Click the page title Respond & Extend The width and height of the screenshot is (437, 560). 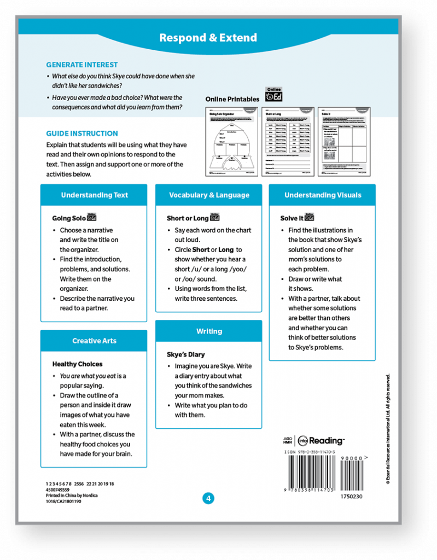208,38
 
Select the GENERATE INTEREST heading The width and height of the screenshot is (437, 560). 81,65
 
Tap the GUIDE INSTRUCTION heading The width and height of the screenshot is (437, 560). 81,133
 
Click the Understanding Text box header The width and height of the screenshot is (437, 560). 94,195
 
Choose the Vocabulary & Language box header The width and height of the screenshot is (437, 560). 209,195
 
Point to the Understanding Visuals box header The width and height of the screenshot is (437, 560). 322,195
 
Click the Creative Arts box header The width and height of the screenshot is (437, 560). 94,341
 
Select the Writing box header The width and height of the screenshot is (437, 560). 209,331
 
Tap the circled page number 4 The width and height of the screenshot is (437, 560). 208,498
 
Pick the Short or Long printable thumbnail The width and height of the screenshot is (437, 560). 288,141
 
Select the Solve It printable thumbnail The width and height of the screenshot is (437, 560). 344,141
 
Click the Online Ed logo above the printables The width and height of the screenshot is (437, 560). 273,94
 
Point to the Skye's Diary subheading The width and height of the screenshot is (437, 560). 186,354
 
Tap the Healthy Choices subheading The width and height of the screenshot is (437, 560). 77,364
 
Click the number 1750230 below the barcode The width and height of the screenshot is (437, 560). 351,497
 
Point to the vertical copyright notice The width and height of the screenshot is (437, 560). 388,429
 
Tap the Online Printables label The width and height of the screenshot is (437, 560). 232,99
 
